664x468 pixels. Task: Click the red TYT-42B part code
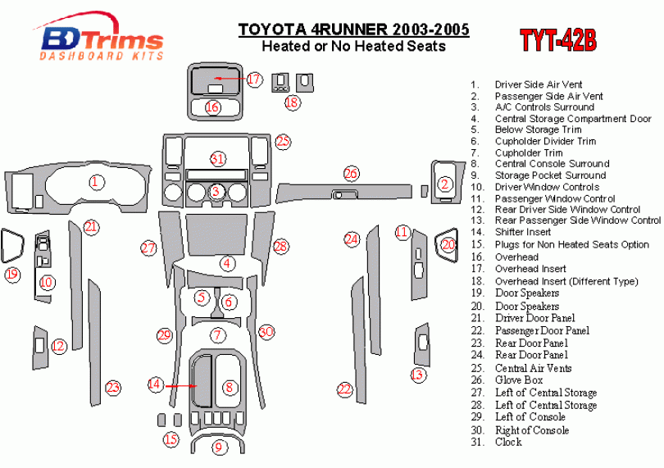click(x=558, y=40)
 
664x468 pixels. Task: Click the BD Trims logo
click(x=99, y=37)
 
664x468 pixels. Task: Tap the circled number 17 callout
click(x=253, y=80)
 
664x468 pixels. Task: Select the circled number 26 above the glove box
click(x=351, y=173)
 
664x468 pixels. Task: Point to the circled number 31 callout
click(x=217, y=159)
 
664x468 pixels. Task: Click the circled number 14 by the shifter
click(x=155, y=384)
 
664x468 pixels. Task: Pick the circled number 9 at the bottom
click(x=219, y=448)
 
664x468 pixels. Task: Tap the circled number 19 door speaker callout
click(x=12, y=275)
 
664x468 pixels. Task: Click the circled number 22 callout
click(x=344, y=389)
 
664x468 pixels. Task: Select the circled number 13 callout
click(x=418, y=375)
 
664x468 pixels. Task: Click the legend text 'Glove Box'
click(x=519, y=380)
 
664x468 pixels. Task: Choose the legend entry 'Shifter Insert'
click(x=523, y=232)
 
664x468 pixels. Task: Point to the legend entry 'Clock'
click(x=508, y=442)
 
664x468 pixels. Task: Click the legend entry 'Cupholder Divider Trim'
click(x=545, y=141)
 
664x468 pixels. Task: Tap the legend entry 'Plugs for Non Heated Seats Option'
click(x=571, y=244)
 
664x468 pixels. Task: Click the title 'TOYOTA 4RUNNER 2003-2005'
click(x=353, y=30)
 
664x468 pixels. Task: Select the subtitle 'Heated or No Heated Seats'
click(x=353, y=46)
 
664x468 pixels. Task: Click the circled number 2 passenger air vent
click(x=444, y=184)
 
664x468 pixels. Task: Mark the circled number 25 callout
click(x=283, y=141)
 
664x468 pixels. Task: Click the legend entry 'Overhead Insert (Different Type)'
click(x=566, y=281)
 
